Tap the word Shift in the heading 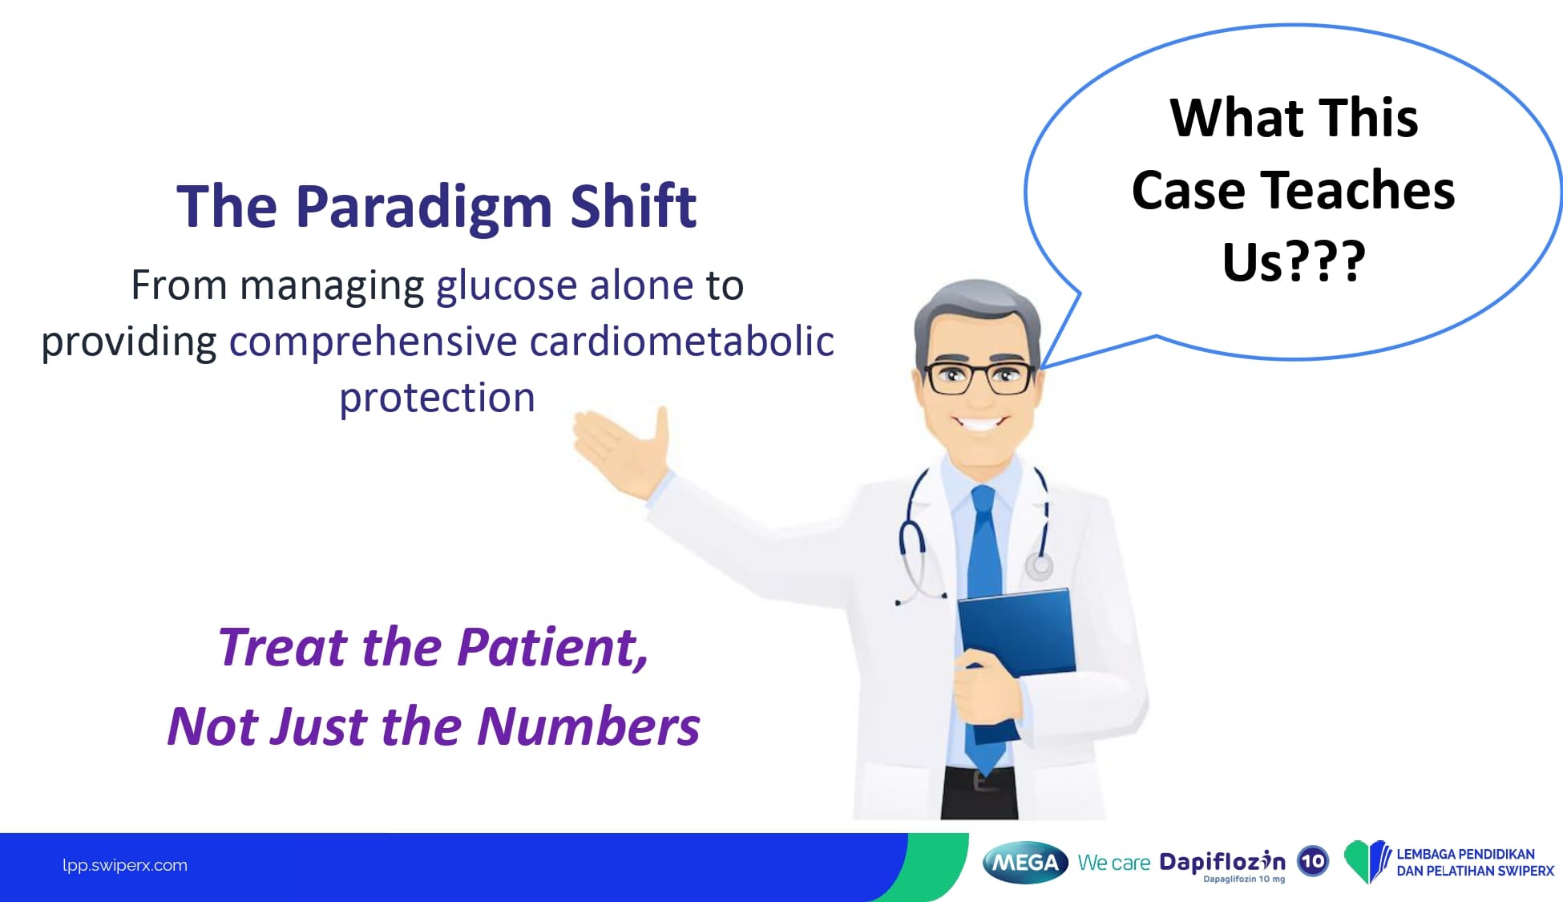633,206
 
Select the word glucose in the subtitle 507,287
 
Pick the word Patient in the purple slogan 553,648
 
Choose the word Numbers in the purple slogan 588,726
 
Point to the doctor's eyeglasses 979,378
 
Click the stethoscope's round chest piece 1040,567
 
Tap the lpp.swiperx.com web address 125,865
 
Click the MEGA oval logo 1025,863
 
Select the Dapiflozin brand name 1222,862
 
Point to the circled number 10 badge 1312,862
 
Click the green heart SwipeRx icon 1367,861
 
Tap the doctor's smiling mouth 979,423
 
